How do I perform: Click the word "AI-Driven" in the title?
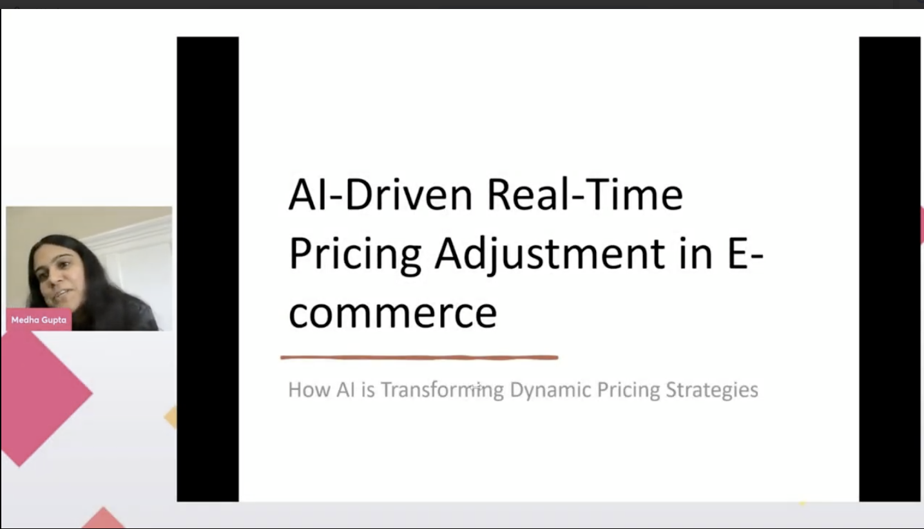click(x=380, y=195)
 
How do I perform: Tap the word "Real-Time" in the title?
click(x=585, y=195)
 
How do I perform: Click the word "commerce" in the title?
click(x=392, y=314)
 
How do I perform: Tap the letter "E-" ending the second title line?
click(x=746, y=253)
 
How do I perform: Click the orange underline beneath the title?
click(x=419, y=358)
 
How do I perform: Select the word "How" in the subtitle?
click(x=309, y=390)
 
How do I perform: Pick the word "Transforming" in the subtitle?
click(x=442, y=390)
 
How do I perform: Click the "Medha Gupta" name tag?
click(x=39, y=320)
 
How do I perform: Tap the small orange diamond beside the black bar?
click(x=171, y=417)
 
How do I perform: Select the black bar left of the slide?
click(x=208, y=269)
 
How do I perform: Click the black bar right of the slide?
click(x=890, y=269)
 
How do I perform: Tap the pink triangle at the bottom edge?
click(x=103, y=519)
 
